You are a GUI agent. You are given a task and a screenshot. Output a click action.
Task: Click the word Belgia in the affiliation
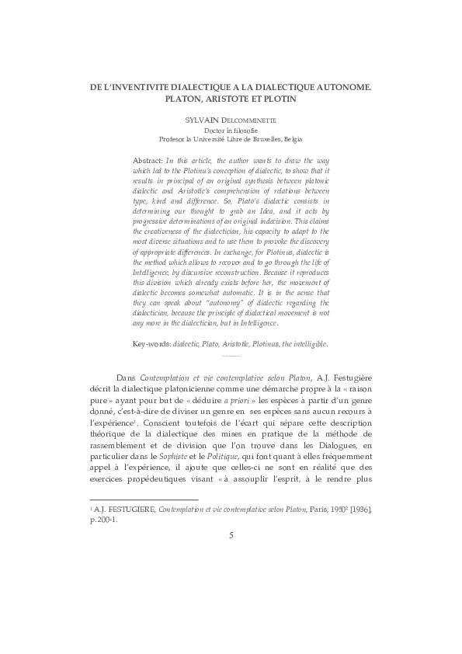(x=294, y=140)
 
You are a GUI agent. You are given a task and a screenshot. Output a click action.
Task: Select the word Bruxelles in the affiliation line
(x=261, y=140)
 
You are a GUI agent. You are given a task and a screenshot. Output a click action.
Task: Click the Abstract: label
(x=148, y=158)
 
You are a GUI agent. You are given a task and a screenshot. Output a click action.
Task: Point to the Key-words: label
(x=151, y=343)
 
